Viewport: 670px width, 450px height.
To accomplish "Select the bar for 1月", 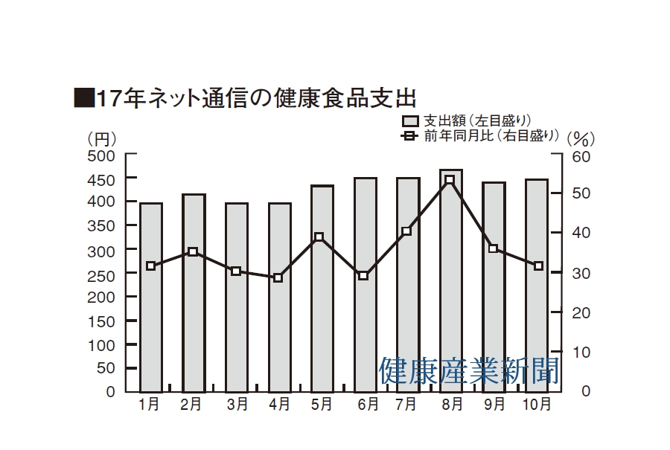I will pyautogui.click(x=151, y=298).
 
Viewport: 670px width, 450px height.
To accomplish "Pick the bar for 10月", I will pyautogui.click(x=537, y=286).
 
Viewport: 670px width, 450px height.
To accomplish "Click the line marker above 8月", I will pyautogui.click(x=450, y=180).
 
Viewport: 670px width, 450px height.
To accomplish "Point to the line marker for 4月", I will pyautogui.click(x=278, y=277).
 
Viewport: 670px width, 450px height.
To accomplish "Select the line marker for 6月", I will pyautogui.click(x=363, y=275).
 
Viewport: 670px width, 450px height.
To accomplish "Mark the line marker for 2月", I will pyautogui.click(x=193, y=251).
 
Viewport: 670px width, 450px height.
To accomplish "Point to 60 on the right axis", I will pyautogui.click(x=581, y=157).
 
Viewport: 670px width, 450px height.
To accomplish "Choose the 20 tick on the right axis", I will pyautogui.click(x=581, y=312).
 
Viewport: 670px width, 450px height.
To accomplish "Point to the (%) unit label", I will pyautogui.click(x=581, y=138).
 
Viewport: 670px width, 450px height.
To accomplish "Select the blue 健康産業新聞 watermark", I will pyautogui.click(x=469, y=370).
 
